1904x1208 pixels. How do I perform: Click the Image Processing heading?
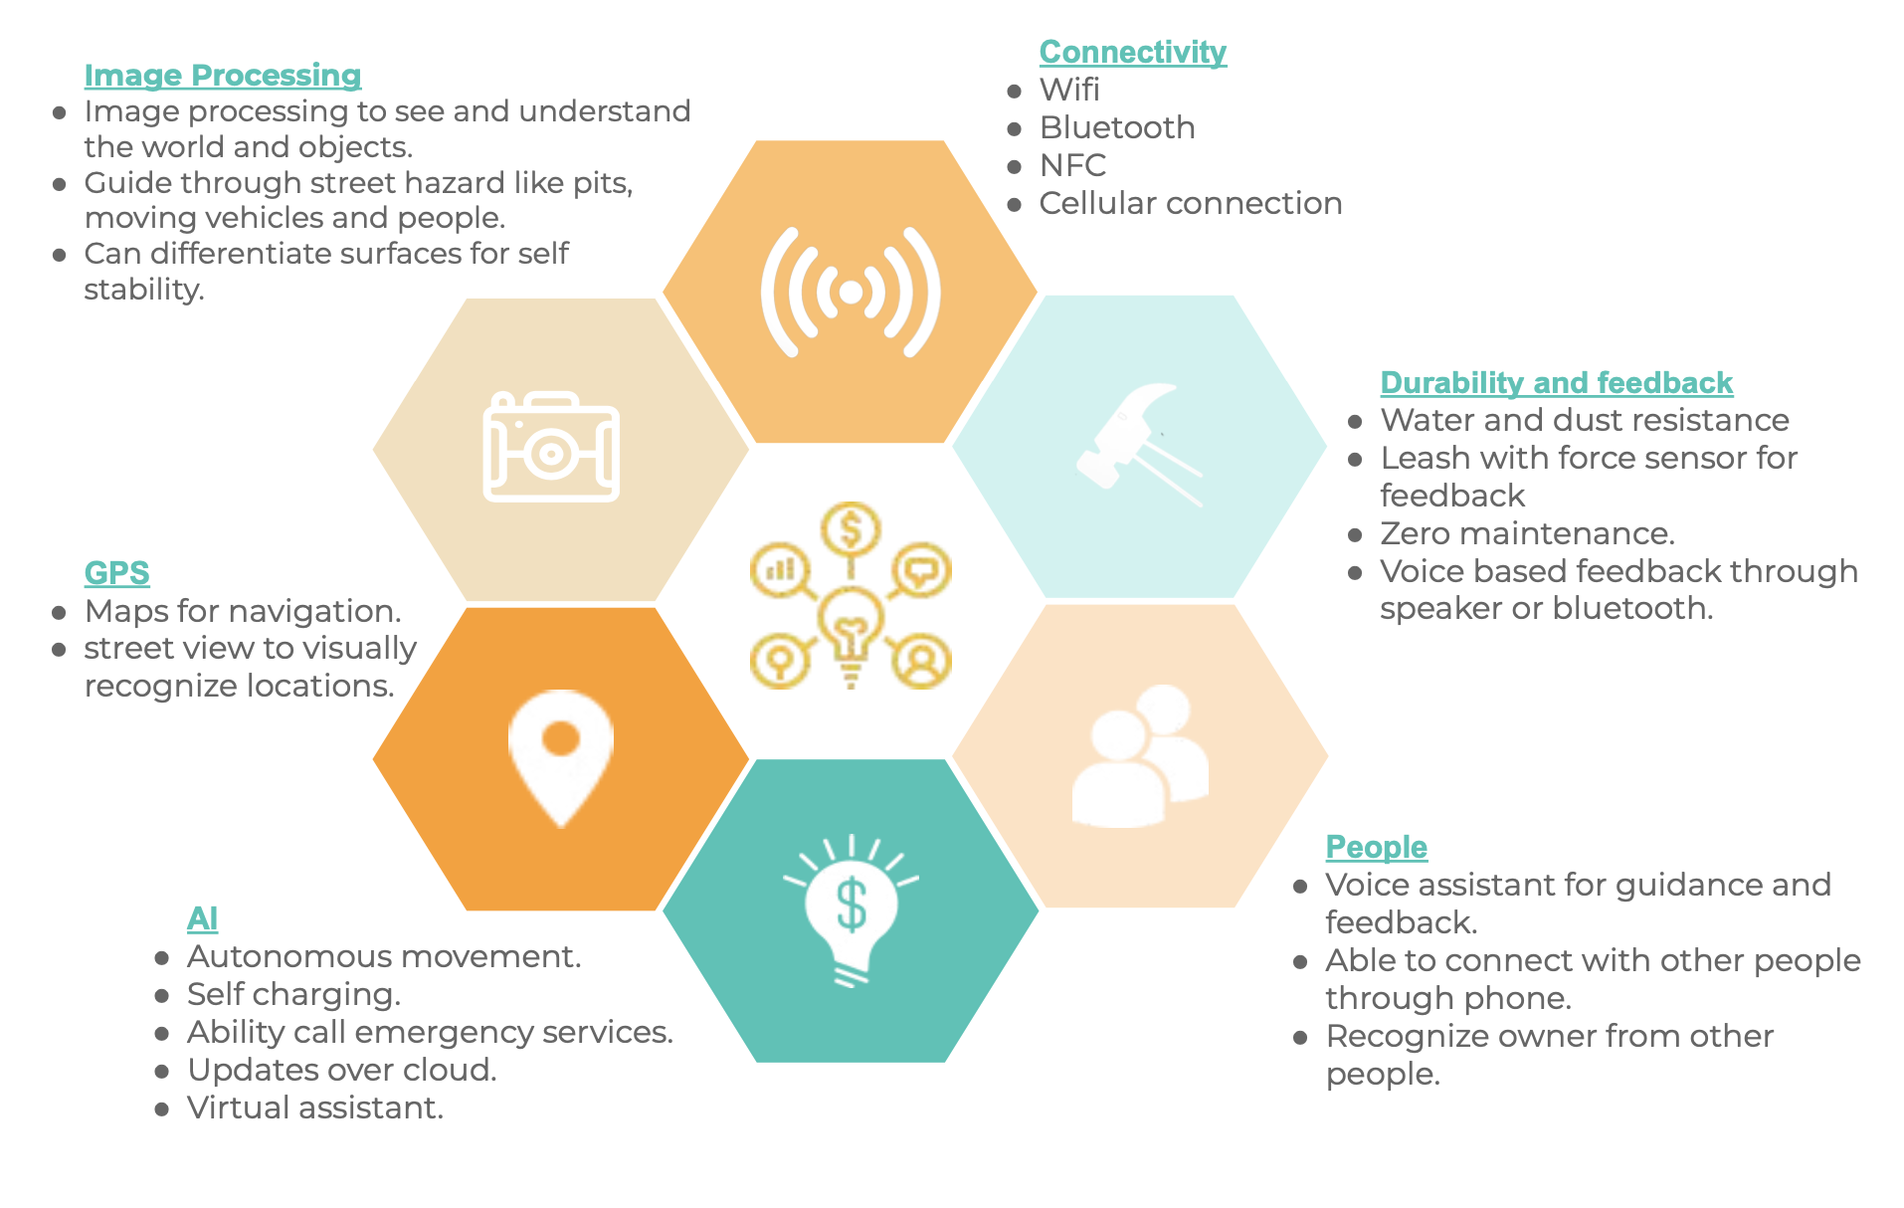222,76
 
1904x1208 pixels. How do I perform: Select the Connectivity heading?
1132,52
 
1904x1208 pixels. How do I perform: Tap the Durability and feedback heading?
1556,383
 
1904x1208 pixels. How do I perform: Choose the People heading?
1376,847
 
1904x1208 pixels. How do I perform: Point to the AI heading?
202,918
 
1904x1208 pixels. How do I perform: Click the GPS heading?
116,573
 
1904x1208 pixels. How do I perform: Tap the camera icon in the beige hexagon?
551,447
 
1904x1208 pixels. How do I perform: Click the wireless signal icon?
851,292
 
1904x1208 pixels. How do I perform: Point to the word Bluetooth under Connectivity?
1116,127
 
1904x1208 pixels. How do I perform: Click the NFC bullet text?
1072,165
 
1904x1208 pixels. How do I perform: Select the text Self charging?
293,994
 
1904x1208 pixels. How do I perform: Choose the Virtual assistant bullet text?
314,1107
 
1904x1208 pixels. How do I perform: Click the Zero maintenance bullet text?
1527,533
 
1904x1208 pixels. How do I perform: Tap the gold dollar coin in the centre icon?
851,528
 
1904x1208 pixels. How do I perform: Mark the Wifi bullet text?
1069,90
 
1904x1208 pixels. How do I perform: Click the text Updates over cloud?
341,1070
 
